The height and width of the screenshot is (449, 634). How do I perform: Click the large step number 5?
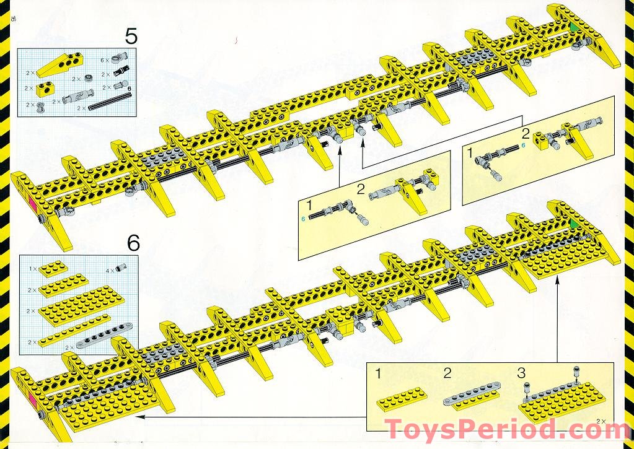tap(131, 36)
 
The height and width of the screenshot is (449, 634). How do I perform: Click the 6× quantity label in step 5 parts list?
tap(105, 59)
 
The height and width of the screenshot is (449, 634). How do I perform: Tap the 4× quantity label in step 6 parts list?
tap(108, 271)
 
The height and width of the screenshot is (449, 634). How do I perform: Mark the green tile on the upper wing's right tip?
tap(575, 27)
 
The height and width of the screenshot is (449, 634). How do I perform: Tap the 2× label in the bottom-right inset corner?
tap(600, 421)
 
